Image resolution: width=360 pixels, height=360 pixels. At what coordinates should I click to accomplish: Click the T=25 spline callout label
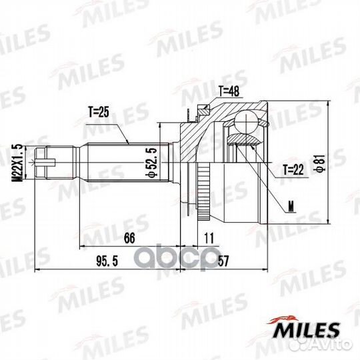(99, 112)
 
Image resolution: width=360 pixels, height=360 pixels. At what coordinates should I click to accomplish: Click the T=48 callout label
(229, 91)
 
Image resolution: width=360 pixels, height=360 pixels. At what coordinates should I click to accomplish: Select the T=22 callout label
(293, 170)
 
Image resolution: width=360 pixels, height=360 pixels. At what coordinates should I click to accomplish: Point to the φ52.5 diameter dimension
(151, 163)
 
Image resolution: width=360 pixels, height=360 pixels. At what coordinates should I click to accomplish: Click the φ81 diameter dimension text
(321, 163)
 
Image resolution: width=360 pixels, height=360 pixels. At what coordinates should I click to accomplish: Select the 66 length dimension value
(129, 238)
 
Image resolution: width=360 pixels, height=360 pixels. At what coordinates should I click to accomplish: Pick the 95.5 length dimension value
(107, 261)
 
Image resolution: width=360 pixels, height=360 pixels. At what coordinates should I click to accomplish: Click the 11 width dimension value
(209, 238)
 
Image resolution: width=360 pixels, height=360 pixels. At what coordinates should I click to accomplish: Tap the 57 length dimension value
(223, 261)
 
